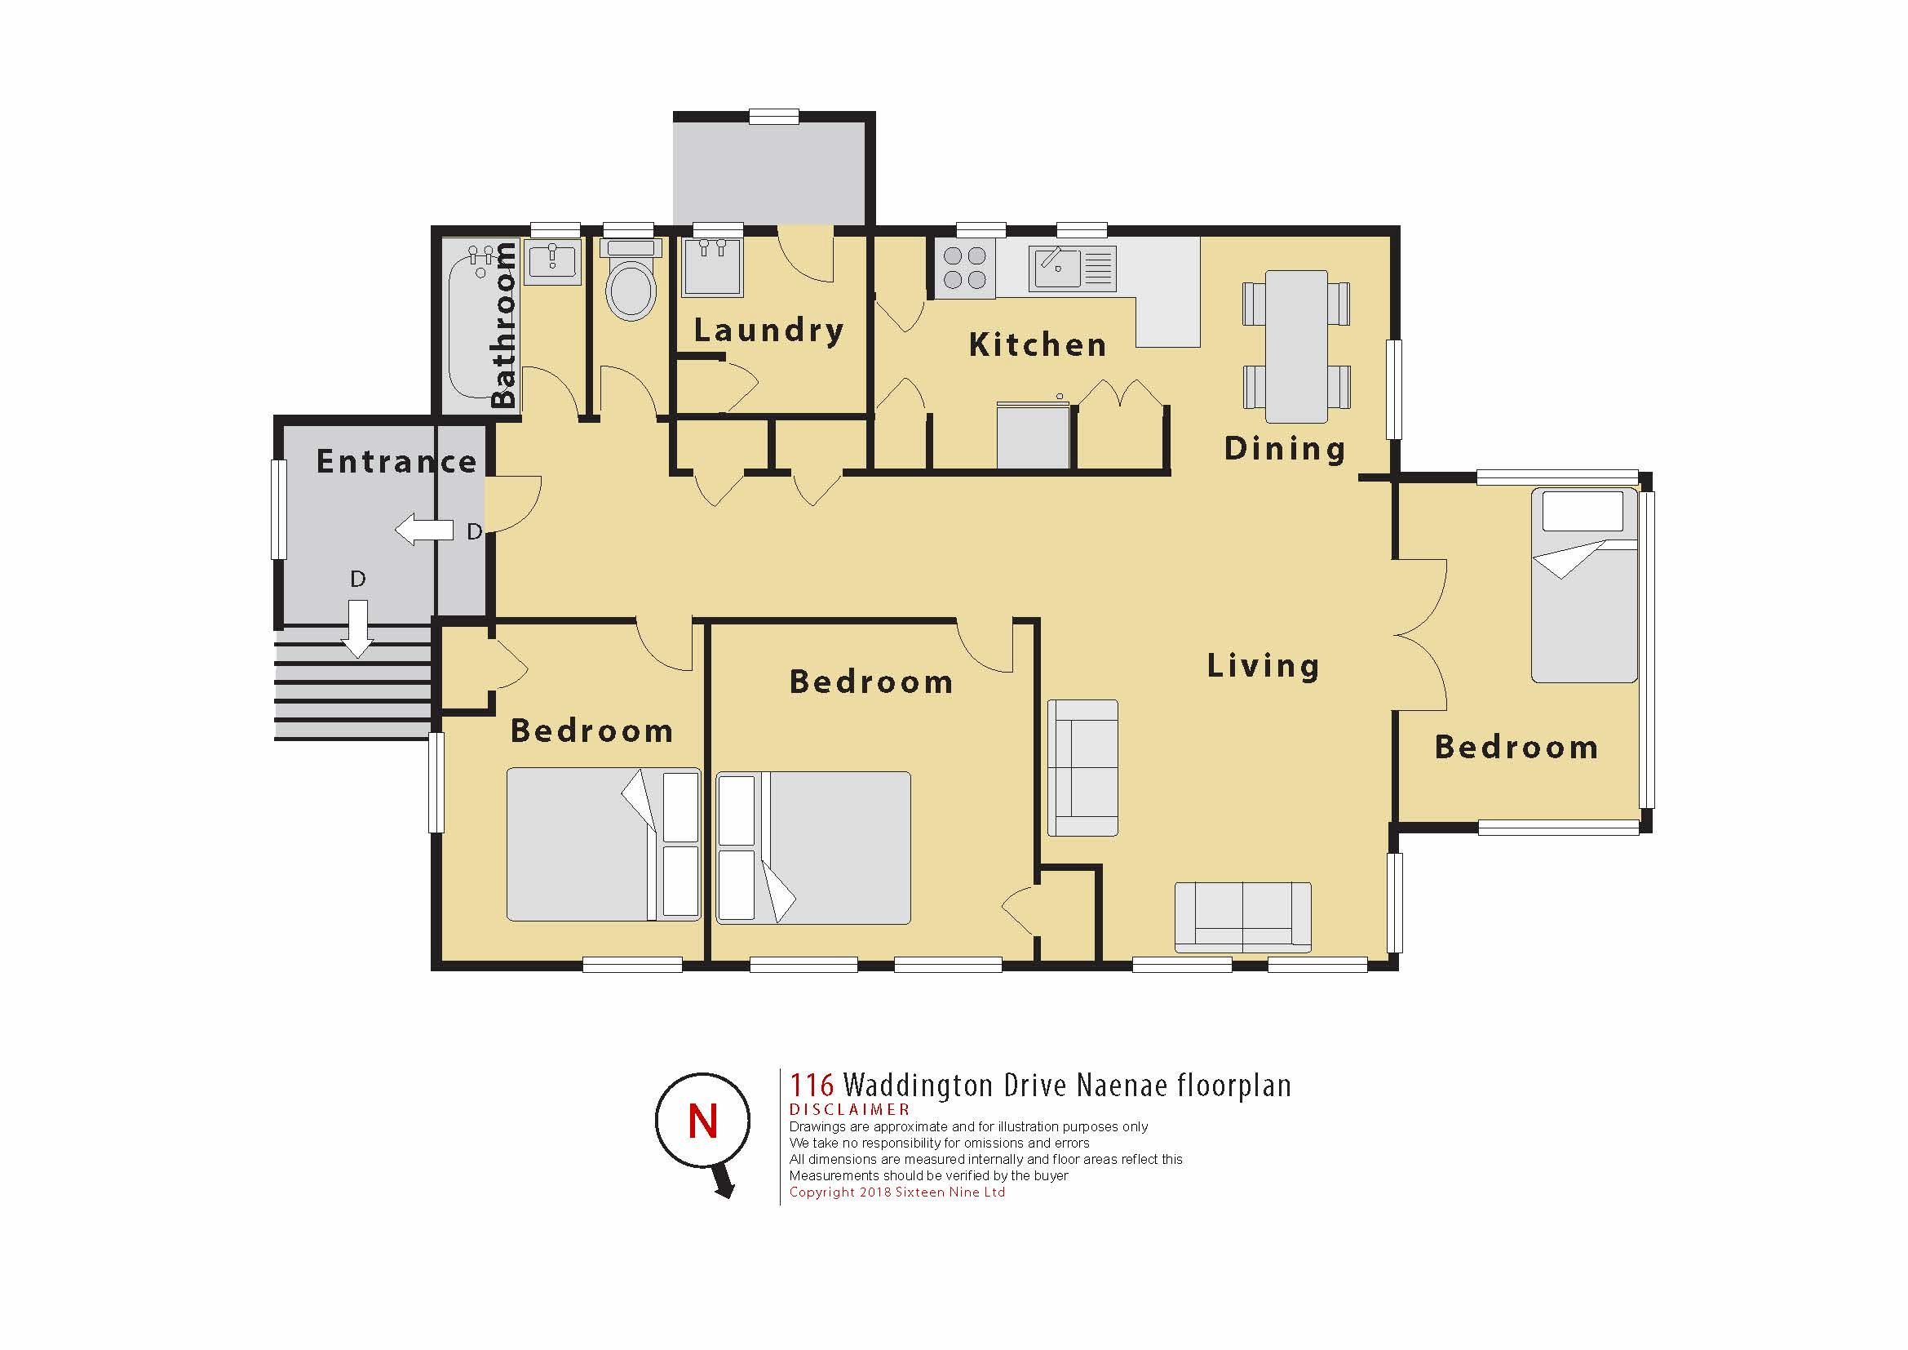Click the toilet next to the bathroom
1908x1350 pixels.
631,280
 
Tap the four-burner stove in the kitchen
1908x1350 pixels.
966,269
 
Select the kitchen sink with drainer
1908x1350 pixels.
1072,269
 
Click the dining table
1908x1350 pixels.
1296,346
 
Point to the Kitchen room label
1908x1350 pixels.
1038,344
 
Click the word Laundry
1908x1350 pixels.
769,331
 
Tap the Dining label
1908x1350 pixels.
1285,448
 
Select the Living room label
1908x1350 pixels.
1263,666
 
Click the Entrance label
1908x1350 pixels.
397,461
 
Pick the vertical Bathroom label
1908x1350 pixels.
503,325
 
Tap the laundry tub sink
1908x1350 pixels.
712,266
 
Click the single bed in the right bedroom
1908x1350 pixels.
1585,586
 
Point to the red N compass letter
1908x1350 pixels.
703,1121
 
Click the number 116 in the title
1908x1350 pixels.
811,1085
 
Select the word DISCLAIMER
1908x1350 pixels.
849,1110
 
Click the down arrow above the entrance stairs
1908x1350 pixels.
358,629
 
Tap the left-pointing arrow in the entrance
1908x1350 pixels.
424,530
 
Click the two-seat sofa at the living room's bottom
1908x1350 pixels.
1243,917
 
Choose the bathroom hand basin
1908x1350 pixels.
552,263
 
